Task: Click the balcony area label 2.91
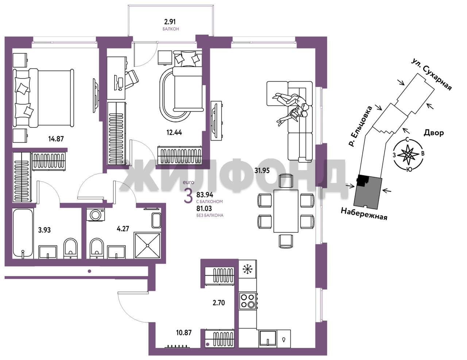(170, 22)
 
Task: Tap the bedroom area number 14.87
(56, 139)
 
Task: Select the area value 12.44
(174, 133)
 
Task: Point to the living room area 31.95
(262, 171)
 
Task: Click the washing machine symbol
(96, 215)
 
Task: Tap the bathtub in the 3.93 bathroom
(23, 233)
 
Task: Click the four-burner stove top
(248, 301)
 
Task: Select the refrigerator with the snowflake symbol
(248, 269)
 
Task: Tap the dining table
(286, 211)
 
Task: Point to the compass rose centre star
(408, 154)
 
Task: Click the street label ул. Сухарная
(432, 74)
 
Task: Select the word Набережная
(364, 214)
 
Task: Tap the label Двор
(434, 133)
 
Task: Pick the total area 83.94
(205, 195)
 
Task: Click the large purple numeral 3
(188, 197)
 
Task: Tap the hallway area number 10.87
(184, 333)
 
